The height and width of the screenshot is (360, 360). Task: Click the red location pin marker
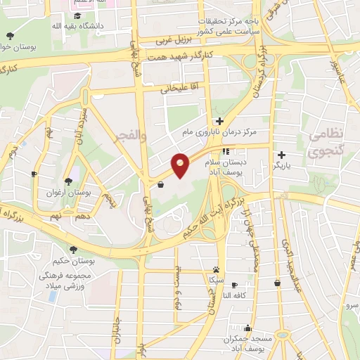click(x=181, y=165)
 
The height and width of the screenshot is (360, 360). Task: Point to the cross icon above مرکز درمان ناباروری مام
click(x=220, y=121)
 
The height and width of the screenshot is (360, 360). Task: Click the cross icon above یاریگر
click(x=281, y=155)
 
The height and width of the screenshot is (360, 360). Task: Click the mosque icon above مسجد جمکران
click(x=247, y=328)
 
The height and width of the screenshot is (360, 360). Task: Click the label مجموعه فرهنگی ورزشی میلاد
click(x=70, y=281)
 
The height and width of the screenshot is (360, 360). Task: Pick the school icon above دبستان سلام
click(x=226, y=151)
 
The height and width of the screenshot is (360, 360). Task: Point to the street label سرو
click(x=351, y=307)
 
